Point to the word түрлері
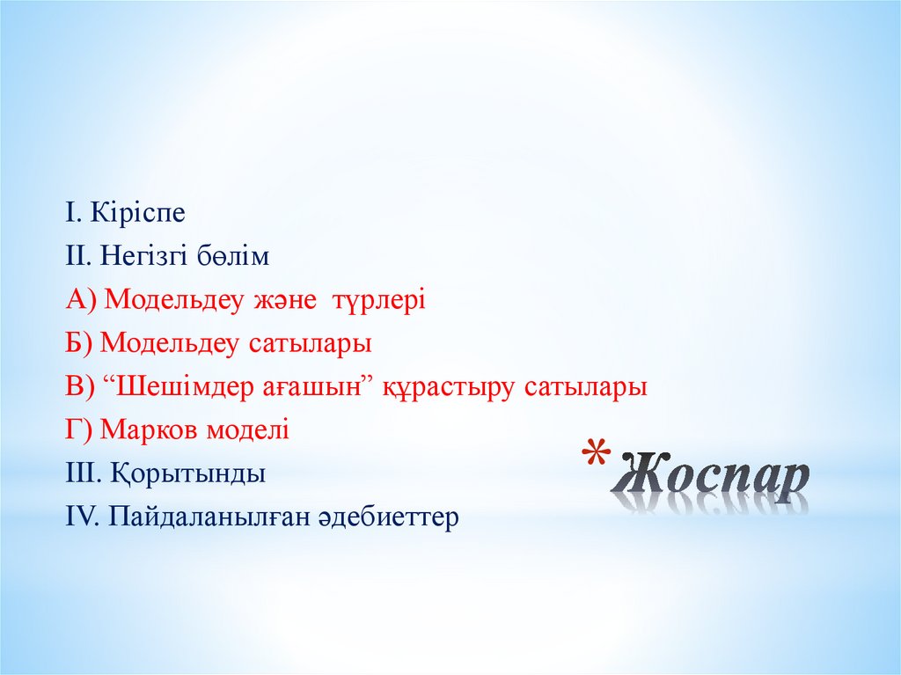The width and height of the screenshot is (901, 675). point(378,300)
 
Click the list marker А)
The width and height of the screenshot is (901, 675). point(81,300)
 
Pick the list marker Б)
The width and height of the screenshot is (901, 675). point(79,343)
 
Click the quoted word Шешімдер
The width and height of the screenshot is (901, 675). point(182,386)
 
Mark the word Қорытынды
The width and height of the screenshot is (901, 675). point(188,473)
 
